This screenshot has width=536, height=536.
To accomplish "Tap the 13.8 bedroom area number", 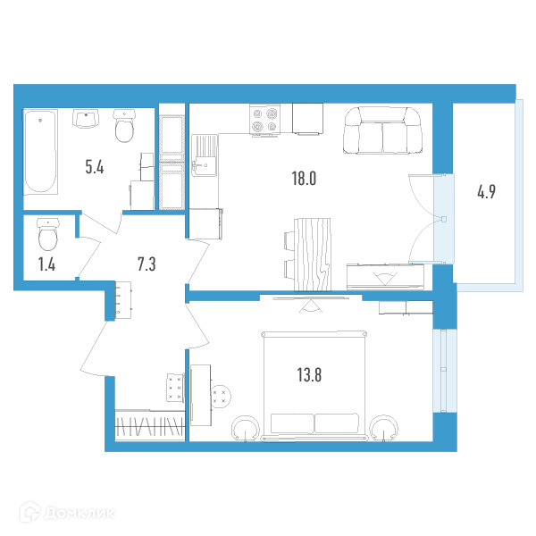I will tap(305, 374).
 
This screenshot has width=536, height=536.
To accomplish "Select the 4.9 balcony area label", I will tap(486, 192).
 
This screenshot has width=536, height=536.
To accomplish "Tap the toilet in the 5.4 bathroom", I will tap(123, 127).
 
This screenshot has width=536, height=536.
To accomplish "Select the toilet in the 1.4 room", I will tap(46, 234).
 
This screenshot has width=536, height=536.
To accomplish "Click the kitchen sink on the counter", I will tap(204, 152).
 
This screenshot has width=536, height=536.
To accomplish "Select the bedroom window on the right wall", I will tap(440, 371).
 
